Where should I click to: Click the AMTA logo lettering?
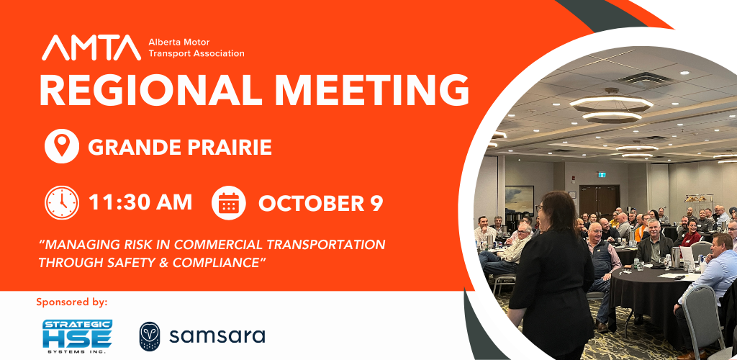[x=91, y=48]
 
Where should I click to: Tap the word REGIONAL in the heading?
[x=150, y=90]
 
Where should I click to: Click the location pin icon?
[x=62, y=146]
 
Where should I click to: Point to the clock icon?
[x=62, y=202]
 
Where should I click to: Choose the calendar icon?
[x=228, y=202]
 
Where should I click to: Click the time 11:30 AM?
[x=140, y=202]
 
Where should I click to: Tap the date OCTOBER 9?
[x=320, y=203]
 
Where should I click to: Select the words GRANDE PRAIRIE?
[x=180, y=147]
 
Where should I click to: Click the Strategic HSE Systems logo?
[x=77, y=336]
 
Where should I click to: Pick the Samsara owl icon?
[x=150, y=336]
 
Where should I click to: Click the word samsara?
[x=217, y=336]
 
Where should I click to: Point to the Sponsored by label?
[x=72, y=302]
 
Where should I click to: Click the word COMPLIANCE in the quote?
[x=217, y=262]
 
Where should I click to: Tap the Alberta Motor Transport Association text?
[x=196, y=48]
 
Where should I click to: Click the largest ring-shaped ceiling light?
[x=612, y=103]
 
